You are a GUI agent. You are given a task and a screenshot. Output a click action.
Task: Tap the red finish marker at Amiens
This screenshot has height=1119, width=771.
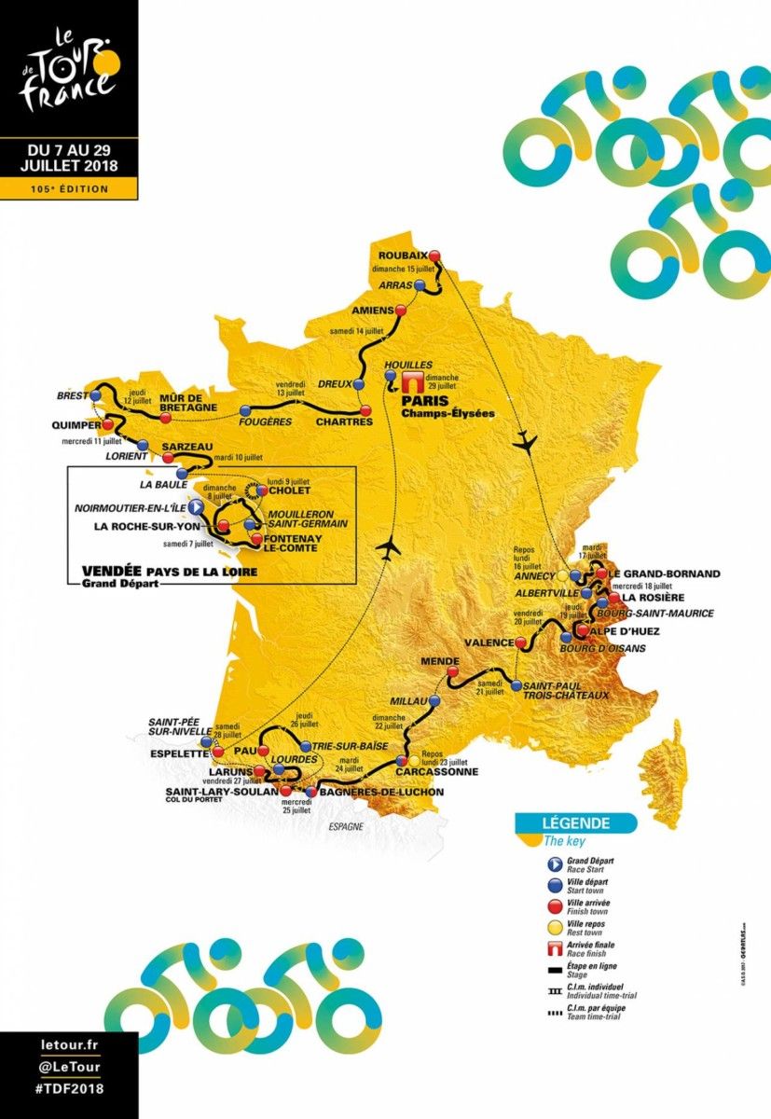coord(402,310)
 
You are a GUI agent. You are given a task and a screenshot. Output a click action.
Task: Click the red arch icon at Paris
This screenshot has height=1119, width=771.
coord(414,380)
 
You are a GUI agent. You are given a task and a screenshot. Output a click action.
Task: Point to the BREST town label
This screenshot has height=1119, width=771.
coord(71,394)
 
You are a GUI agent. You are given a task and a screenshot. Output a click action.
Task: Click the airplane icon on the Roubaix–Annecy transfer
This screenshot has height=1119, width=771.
coord(527,442)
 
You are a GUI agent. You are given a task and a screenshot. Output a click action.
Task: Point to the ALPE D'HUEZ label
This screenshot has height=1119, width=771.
coord(641,629)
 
